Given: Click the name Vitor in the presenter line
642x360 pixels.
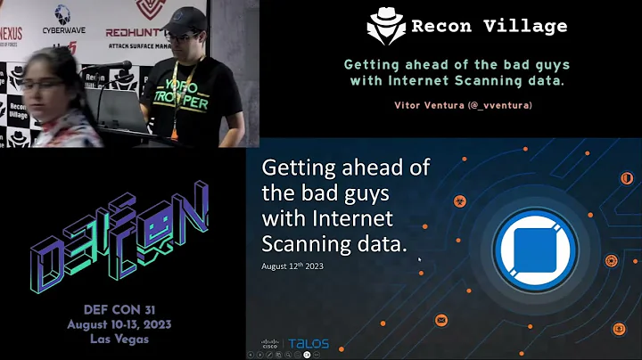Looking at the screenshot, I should pos(407,105).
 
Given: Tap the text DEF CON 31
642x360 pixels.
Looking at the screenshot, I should pos(121,308).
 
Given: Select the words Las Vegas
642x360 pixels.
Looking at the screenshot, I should pos(121,340).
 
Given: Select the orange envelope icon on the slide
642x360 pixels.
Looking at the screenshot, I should pos(440,320).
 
